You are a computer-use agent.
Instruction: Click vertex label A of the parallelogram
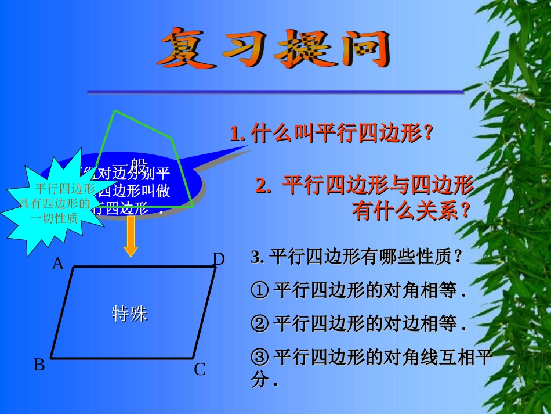pos(57,264)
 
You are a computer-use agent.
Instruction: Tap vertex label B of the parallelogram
pos(39,365)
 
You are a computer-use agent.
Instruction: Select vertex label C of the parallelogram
pos(200,369)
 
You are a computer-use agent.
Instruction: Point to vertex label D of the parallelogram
pos(218,259)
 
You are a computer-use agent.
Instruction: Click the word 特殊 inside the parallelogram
pos(129,314)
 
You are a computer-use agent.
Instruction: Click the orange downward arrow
pos(131,240)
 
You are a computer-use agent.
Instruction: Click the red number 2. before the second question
pos(264,186)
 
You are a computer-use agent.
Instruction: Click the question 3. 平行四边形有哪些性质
pos(357,257)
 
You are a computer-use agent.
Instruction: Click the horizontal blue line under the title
pos(275,92)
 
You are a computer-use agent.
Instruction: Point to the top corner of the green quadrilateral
pos(115,110)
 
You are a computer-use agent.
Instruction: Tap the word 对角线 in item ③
pos(404,356)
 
